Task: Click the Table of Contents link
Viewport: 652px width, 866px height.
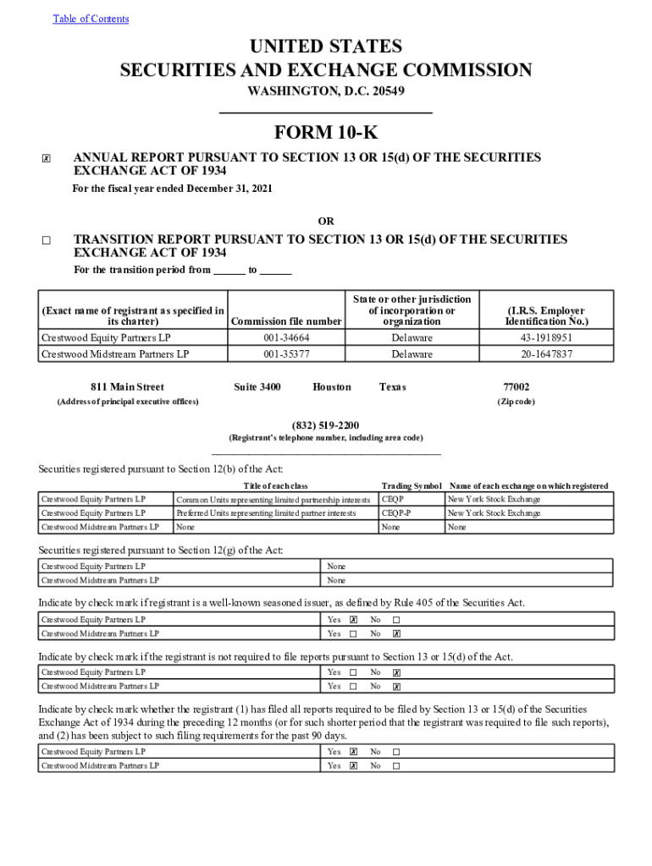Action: click(x=91, y=19)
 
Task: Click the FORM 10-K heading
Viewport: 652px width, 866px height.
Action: click(x=326, y=133)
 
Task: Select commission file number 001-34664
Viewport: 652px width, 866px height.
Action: click(x=286, y=337)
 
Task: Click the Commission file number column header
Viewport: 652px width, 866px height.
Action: click(x=286, y=321)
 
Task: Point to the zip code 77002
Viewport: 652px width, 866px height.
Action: click(x=516, y=386)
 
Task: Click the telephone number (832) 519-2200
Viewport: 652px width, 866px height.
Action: click(x=325, y=425)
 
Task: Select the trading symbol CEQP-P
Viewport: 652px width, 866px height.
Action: click(x=396, y=512)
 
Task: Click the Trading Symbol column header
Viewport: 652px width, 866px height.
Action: click(x=412, y=485)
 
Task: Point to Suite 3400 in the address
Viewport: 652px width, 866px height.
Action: click(x=257, y=386)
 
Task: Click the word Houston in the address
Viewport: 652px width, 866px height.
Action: click(x=331, y=386)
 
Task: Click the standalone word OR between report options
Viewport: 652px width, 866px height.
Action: click(x=326, y=222)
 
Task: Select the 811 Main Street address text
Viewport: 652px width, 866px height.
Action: click(x=127, y=386)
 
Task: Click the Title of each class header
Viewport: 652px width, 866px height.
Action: click(x=275, y=485)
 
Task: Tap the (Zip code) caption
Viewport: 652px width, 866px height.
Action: click(x=516, y=402)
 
